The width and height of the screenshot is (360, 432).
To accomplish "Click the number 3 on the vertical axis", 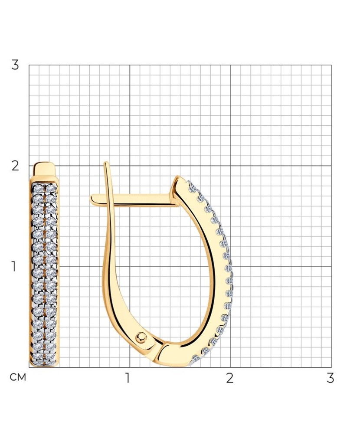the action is point(15,65).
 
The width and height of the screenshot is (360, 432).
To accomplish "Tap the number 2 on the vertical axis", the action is point(15,166).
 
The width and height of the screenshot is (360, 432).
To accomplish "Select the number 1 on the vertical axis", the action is point(13,267).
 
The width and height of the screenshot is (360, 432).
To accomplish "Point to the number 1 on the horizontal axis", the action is point(127,378).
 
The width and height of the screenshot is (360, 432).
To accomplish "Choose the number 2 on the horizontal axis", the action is point(230,378).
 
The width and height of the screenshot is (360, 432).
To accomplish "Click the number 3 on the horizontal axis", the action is point(331,378).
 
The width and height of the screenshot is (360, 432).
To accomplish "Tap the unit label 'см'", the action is point(18,377).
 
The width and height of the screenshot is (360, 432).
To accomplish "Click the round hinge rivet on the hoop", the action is point(141,337).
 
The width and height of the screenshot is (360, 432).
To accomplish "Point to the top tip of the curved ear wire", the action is point(106,163).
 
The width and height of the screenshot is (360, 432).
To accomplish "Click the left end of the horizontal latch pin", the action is point(91,199).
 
